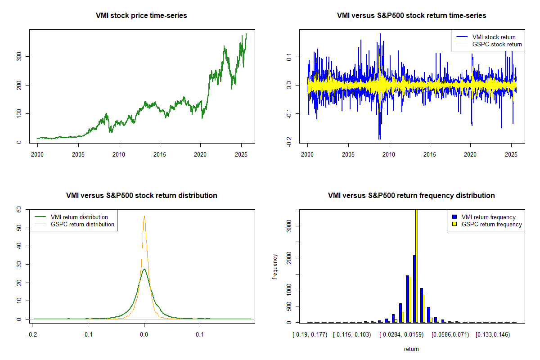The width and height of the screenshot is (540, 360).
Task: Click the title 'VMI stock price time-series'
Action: click(141, 16)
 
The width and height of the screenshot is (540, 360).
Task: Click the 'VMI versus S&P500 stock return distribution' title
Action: click(141, 196)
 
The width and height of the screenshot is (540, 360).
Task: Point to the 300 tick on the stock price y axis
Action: click(21, 56)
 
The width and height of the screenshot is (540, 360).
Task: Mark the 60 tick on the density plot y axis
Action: click(21, 209)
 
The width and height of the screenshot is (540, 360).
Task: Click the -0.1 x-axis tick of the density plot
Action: click(88, 334)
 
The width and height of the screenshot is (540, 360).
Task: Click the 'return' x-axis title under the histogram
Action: click(411, 349)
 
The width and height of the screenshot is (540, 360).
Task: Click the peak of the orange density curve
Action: click(144, 216)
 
